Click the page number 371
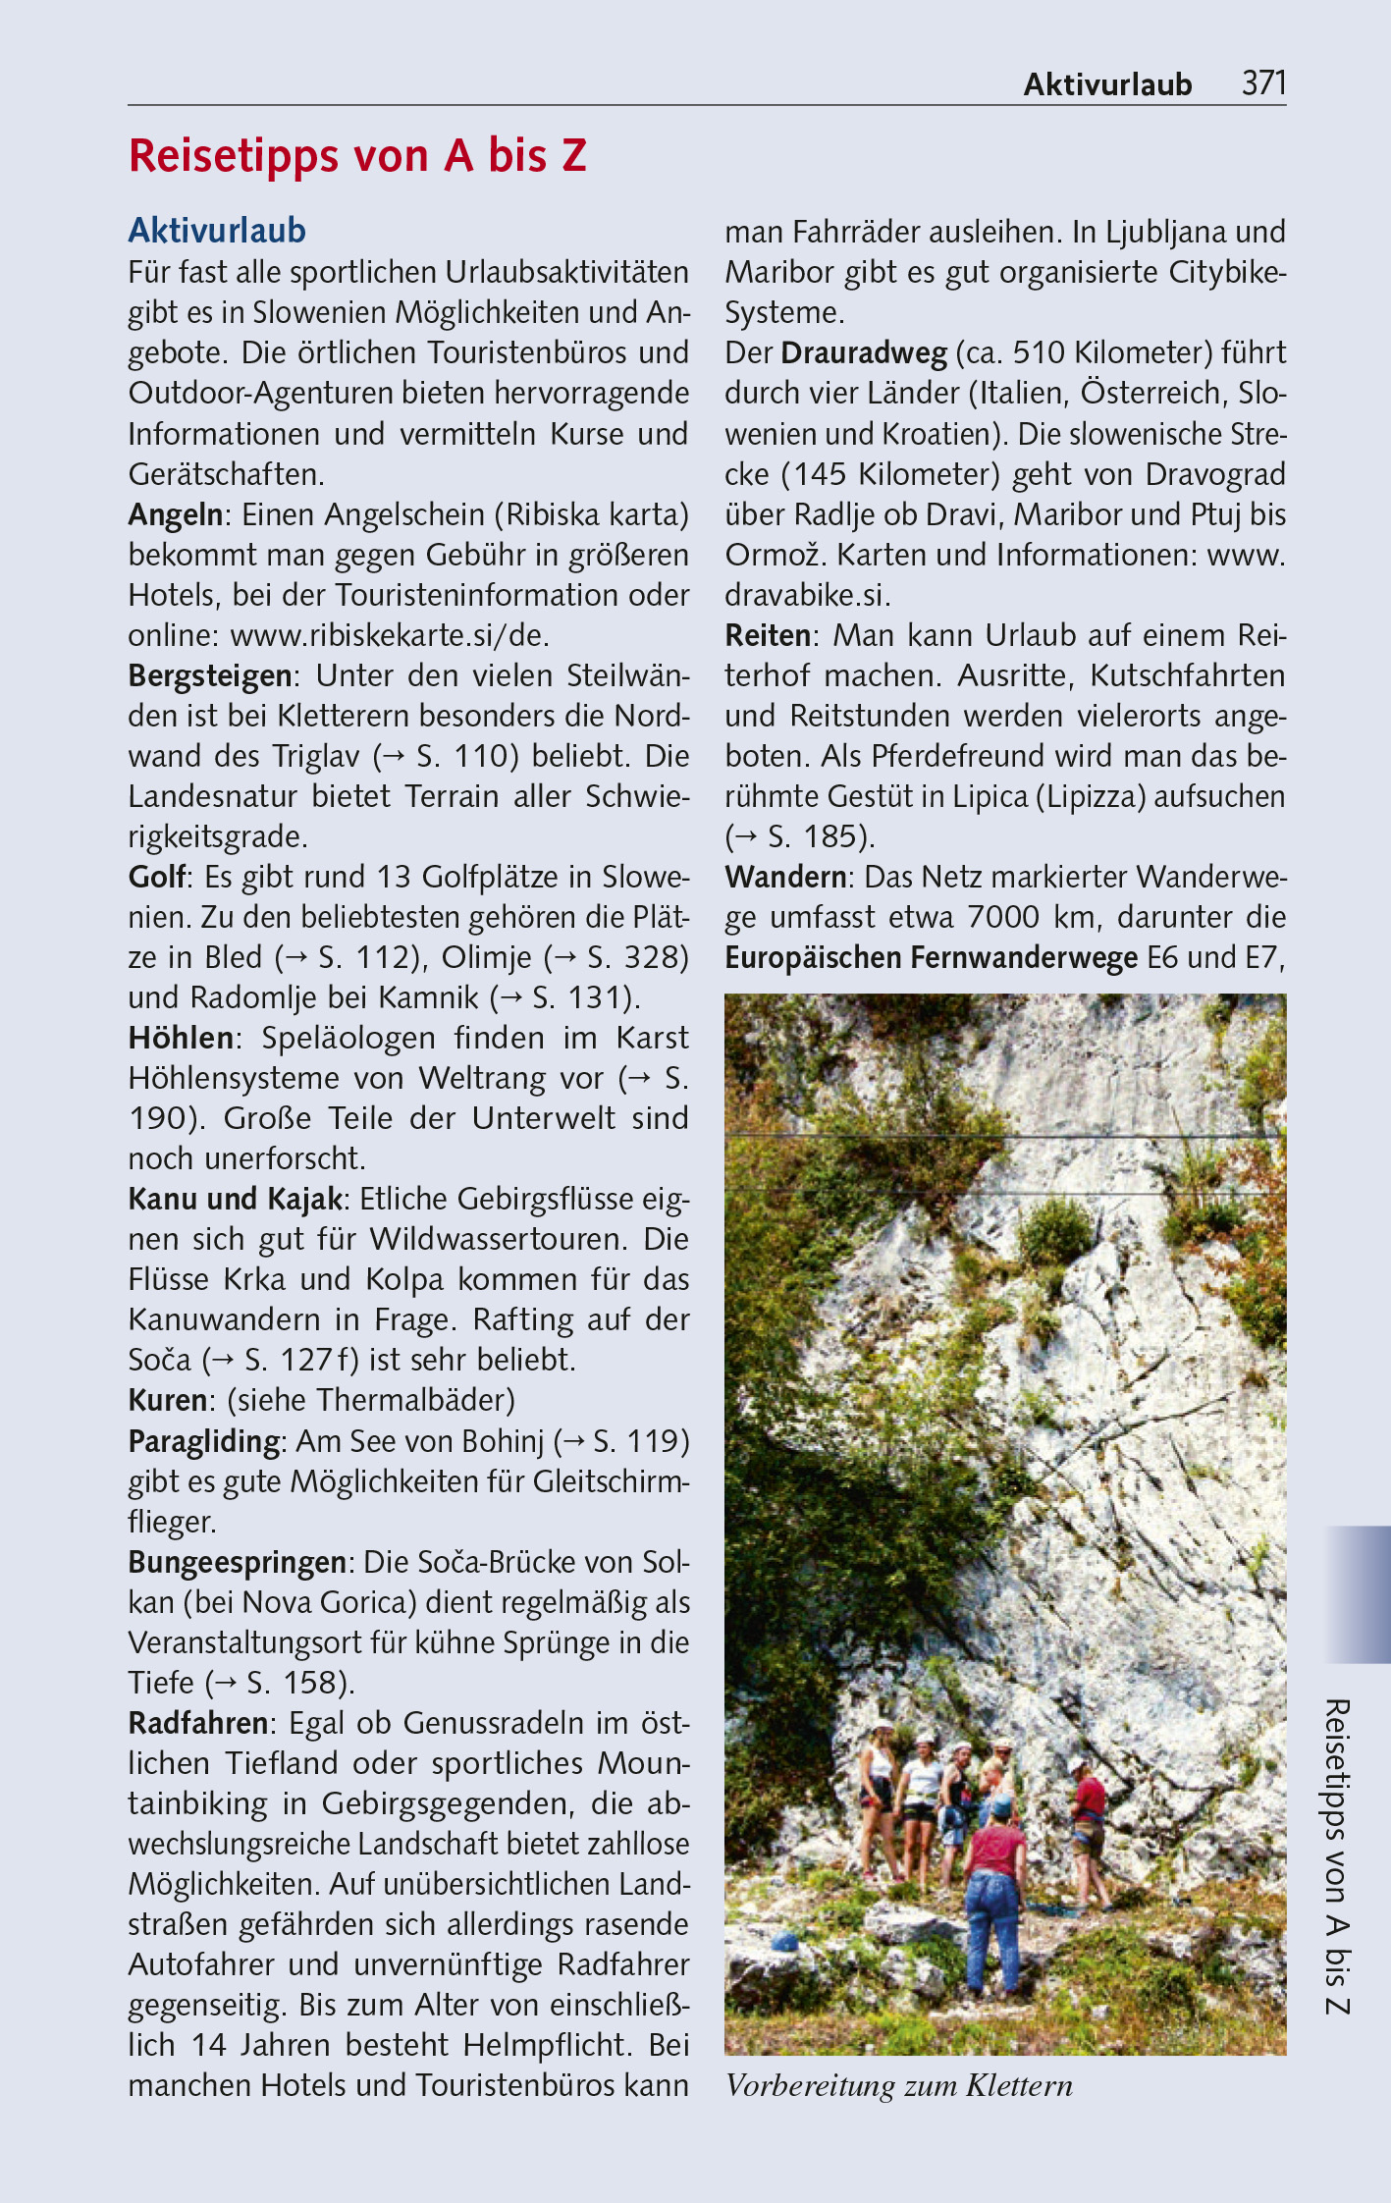pyautogui.click(x=1263, y=83)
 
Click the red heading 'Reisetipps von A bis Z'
pyautogui.click(x=357, y=156)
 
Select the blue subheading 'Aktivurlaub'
pyautogui.click(x=217, y=231)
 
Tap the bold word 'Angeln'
pyautogui.click(x=176, y=515)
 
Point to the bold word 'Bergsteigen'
pyautogui.click(x=210, y=676)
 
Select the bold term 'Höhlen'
pyautogui.click(x=182, y=1038)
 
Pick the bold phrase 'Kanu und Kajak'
pyautogui.click(x=236, y=1199)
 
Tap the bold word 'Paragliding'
pyautogui.click(x=204, y=1441)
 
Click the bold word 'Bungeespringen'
pyautogui.click(x=237, y=1562)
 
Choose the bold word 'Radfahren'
pyautogui.click(x=198, y=1723)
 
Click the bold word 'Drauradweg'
pyautogui.click(x=864, y=353)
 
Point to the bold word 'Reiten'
pyautogui.click(x=768, y=636)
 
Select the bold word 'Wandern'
pyautogui.click(x=785, y=877)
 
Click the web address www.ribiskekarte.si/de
pyautogui.click(x=389, y=636)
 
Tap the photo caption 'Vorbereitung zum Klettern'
pyautogui.click(x=898, y=2084)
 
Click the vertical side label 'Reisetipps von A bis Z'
pyautogui.click(x=1337, y=1855)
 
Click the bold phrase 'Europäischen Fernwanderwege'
pyautogui.click(x=931, y=957)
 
